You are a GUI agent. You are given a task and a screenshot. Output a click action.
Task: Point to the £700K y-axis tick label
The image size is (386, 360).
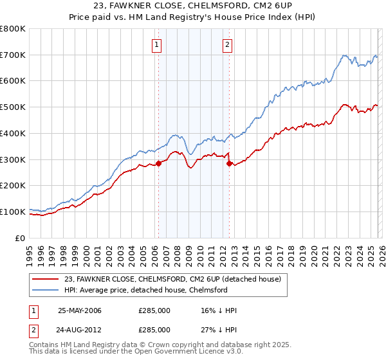tap(13, 55)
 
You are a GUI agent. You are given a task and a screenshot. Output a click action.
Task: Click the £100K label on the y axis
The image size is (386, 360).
tap(13, 212)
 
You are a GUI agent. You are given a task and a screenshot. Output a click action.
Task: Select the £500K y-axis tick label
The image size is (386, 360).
tap(13, 107)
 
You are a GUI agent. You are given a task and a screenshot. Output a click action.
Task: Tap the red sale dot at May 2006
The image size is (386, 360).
tap(159, 163)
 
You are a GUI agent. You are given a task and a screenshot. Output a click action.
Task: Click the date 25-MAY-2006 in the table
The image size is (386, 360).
tap(80, 310)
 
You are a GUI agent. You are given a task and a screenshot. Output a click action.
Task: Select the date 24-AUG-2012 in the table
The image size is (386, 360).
tap(80, 329)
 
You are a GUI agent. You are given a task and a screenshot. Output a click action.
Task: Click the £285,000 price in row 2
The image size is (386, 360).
tap(154, 329)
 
